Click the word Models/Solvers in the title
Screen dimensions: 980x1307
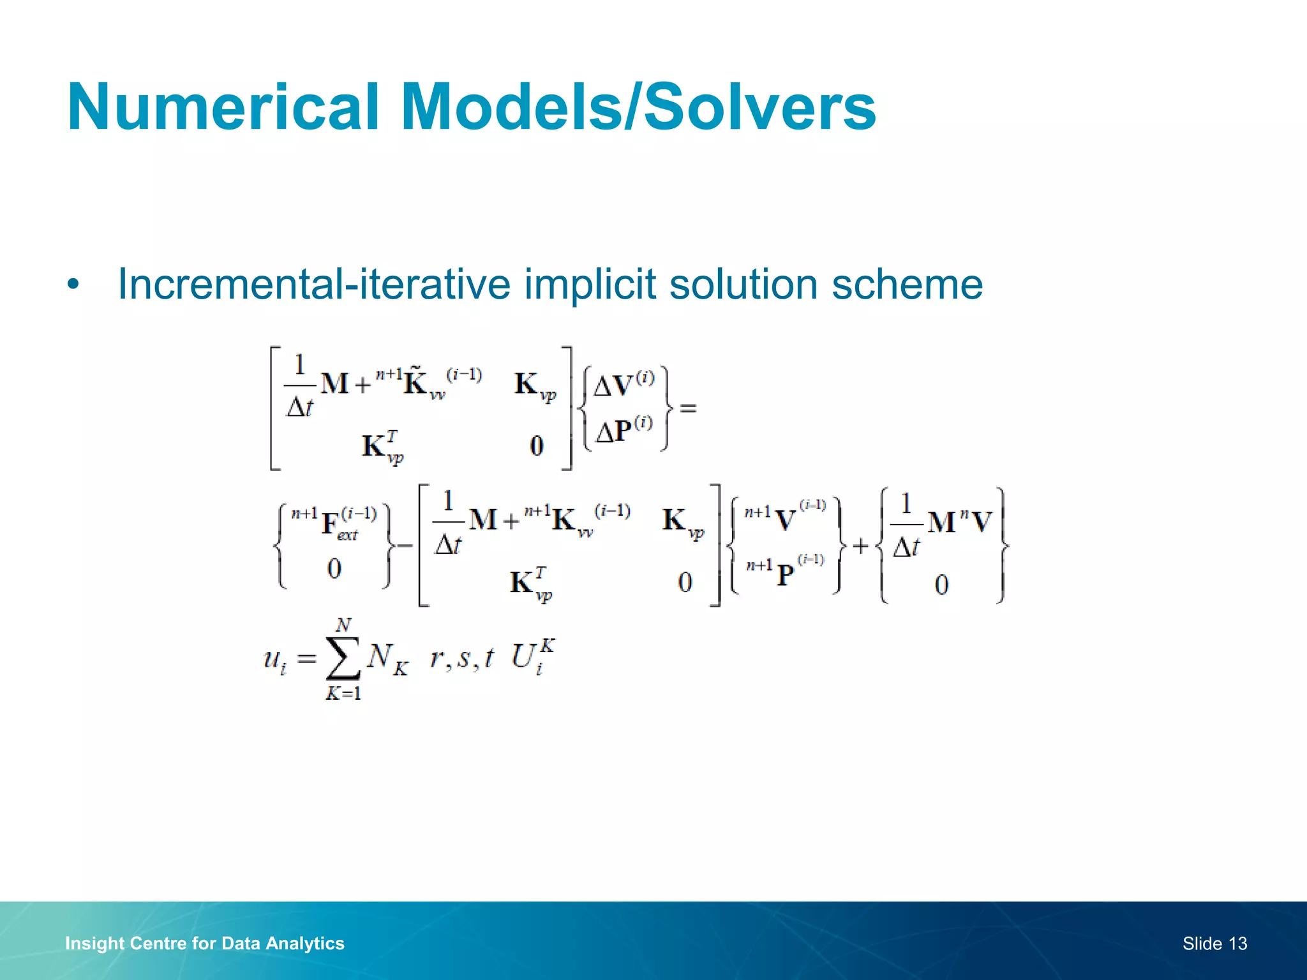[638, 107]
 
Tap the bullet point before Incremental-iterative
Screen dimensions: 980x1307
[73, 285]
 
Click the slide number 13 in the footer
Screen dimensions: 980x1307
[1237, 943]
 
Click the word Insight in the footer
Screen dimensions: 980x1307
[94, 943]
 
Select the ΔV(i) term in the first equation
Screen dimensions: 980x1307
[623, 385]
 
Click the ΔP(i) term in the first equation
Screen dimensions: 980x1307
[623, 431]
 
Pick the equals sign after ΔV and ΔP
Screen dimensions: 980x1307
[688, 407]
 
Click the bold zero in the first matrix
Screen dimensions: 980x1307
[537, 445]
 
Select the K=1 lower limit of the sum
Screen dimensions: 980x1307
[343, 693]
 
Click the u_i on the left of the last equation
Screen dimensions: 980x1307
[275, 659]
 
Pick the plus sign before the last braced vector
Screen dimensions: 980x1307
[861, 546]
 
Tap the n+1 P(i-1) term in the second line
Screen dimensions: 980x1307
[785, 572]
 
